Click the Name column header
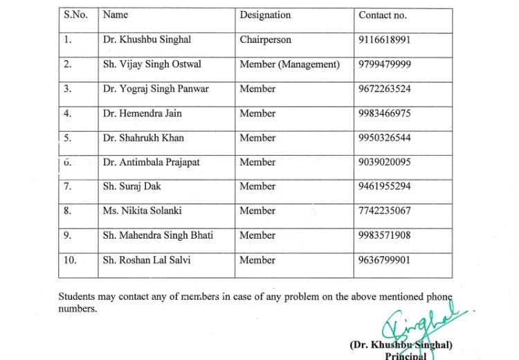coord(116,15)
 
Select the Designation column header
coord(265,15)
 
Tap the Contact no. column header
coord(383,15)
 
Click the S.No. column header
coord(75,15)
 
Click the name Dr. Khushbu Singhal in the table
coord(147,40)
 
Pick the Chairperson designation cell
coord(266,40)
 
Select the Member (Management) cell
coord(289,64)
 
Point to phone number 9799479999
coord(385,64)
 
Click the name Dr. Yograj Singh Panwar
coord(156,89)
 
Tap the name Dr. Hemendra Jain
coord(143,114)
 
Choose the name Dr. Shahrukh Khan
coord(143,138)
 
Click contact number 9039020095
coord(385,162)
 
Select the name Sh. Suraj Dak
coord(132,186)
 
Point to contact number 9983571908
coord(385,235)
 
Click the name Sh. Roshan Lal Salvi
coord(147,260)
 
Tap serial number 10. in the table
coord(71,260)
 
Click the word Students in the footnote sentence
coord(77,297)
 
